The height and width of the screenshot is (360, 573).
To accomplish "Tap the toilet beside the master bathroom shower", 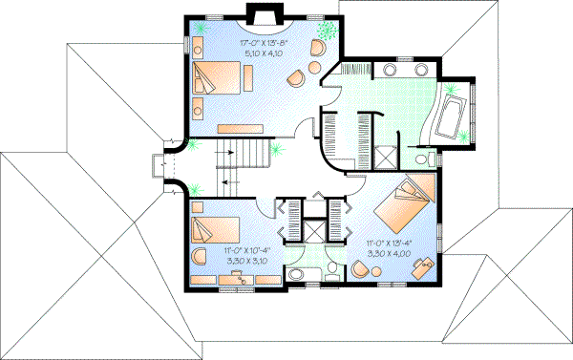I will click(425, 156).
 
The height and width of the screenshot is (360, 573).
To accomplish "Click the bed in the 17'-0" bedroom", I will click(217, 78).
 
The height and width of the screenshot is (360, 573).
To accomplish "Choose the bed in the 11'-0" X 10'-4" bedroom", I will click(215, 229).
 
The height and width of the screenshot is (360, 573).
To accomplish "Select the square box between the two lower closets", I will click(311, 231).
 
